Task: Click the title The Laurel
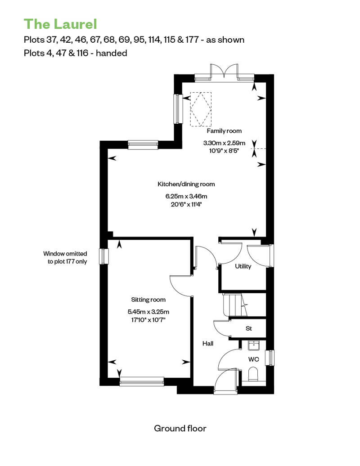click(x=60, y=24)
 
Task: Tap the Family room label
click(x=224, y=131)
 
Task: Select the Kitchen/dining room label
click(x=186, y=184)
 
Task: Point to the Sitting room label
click(x=148, y=300)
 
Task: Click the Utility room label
click(x=243, y=266)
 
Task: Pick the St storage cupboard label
click(x=249, y=328)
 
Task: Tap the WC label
click(x=254, y=359)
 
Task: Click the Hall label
click(x=208, y=344)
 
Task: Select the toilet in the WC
click(x=253, y=374)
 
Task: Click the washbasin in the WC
click(x=254, y=345)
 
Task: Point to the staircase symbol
click(x=235, y=305)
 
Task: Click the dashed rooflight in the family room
click(x=201, y=109)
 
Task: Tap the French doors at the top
click(x=225, y=72)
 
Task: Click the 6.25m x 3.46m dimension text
click(x=186, y=197)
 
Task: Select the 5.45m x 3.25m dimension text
click(x=148, y=312)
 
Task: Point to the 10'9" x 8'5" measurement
click(x=224, y=151)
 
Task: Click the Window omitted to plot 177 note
click(x=65, y=258)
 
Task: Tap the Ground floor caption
click(x=180, y=428)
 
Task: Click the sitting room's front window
click(x=142, y=381)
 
